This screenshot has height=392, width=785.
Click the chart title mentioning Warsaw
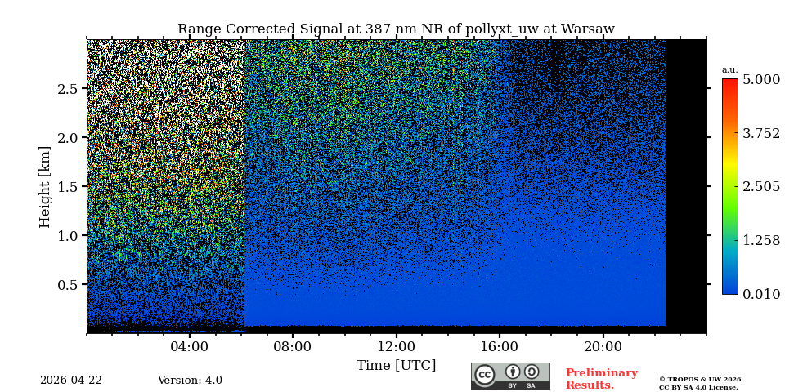[x=396, y=29]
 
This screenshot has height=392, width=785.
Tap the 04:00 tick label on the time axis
[x=190, y=346]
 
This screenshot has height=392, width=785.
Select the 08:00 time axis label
[x=293, y=346]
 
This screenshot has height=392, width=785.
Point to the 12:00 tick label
[x=396, y=346]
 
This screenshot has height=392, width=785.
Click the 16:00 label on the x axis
[x=500, y=346]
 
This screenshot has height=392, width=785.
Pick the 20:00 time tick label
[x=603, y=346]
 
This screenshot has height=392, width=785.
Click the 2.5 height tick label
[x=68, y=88]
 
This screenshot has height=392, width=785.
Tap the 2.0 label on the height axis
[x=68, y=137]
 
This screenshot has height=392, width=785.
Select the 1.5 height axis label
[x=68, y=186]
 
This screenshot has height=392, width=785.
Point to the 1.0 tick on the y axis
[x=68, y=235]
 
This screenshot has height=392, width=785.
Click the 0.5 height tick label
[x=68, y=284]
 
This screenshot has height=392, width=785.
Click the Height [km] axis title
[x=45, y=186]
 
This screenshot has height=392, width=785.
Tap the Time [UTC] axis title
[x=396, y=365]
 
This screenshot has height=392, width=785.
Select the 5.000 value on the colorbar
[x=760, y=80]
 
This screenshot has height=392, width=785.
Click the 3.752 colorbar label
[x=760, y=133]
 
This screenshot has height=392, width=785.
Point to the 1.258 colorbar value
[x=760, y=240]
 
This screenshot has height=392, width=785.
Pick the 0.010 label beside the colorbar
[x=760, y=294]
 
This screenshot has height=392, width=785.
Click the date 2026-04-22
[x=71, y=381]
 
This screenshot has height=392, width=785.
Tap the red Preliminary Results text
[x=601, y=379]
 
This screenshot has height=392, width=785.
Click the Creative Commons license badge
[x=510, y=376]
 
